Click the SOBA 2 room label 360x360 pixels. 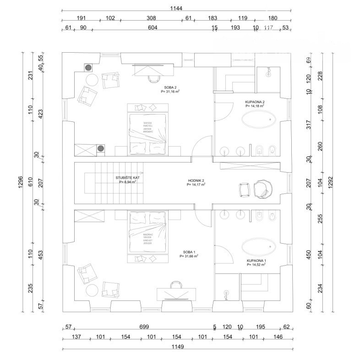click(170, 87)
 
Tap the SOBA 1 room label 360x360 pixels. click(189, 252)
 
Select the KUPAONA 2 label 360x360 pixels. click(255, 102)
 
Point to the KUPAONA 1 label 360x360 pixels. click(256, 261)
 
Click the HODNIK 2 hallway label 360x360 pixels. click(196, 180)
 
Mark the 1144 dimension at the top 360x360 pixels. click(176, 8)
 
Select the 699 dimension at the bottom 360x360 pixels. click(144, 327)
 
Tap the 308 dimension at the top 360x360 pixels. click(151, 18)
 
